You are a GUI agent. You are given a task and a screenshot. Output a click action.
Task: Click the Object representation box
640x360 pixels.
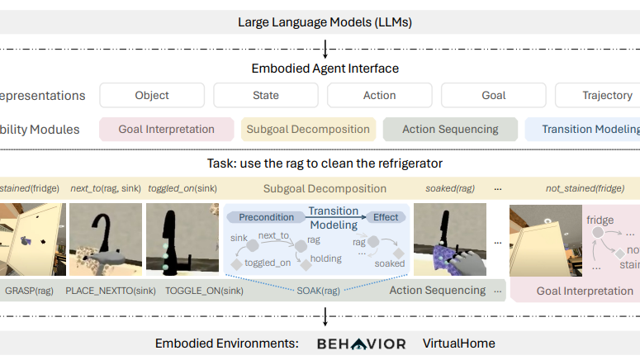tap(152, 95)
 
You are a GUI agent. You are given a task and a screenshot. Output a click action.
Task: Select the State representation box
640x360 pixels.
tap(266, 95)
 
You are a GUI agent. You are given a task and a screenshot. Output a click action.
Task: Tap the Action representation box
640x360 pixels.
tap(379, 95)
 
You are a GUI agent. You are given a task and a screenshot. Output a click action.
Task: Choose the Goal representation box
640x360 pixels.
tap(493, 95)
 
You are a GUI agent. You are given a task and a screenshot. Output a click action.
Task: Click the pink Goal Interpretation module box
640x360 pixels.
tap(168, 129)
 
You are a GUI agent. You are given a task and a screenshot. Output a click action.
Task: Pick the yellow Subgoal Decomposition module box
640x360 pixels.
tap(309, 129)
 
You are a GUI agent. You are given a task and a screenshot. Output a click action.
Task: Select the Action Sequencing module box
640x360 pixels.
tap(450, 129)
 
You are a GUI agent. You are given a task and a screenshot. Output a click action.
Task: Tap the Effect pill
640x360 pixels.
tap(386, 217)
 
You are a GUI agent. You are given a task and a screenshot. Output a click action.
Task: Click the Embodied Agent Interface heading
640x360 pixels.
tap(325, 69)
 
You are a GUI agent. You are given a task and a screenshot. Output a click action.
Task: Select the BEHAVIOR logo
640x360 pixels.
tap(362, 343)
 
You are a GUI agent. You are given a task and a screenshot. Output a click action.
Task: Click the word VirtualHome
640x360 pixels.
tap(458, 343)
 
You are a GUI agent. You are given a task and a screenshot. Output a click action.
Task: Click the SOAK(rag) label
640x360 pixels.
tap(319, 290)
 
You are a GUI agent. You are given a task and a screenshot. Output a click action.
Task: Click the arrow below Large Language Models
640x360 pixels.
tap(325, 48)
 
